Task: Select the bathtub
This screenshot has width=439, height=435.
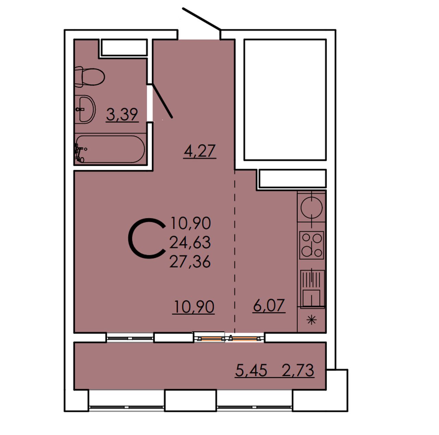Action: coord(110,149)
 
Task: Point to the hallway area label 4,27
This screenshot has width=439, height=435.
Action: coord(200,151)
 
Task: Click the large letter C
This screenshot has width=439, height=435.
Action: coord(147,238)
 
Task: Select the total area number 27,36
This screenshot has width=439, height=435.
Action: coord(190,262)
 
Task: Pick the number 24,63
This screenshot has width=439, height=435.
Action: coord(190,243)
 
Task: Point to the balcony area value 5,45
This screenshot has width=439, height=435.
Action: coord(251,370)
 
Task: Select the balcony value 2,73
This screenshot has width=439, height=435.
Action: coord(298,370)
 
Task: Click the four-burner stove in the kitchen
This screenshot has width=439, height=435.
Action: coord(312,245)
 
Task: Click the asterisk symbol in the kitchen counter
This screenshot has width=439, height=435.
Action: coord(311,320)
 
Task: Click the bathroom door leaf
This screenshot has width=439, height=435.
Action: coord(163,101)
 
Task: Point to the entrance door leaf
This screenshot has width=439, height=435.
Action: coord(202,19)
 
